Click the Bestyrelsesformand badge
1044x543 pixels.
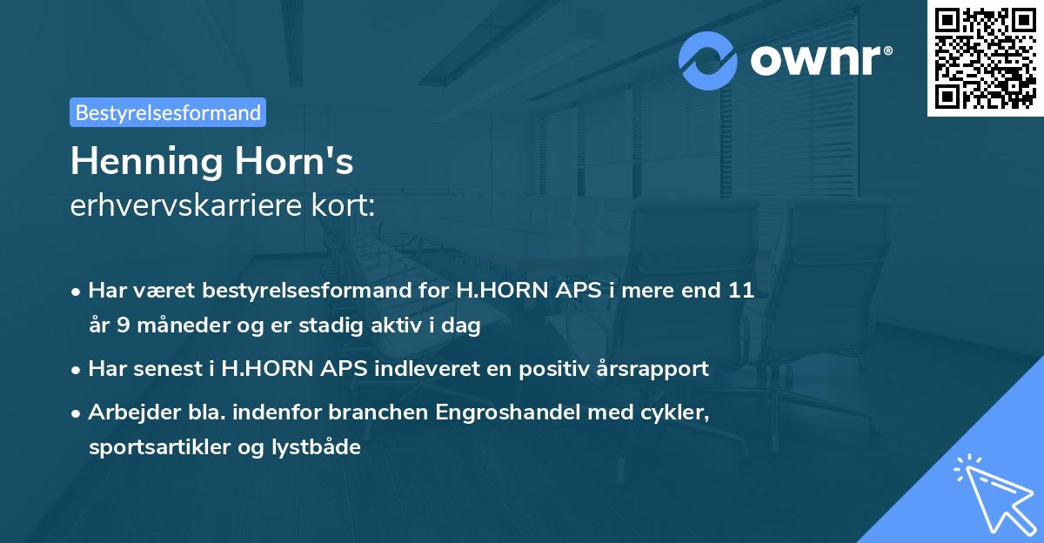pyautogui.click(x=168, y=112)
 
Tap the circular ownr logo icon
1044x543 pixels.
pyautogui.click(x=708, y=60)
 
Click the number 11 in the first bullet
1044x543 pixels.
pyautogui.click(x=741, y=292)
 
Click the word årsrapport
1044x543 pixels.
pyautogui.click(x=652, y=369)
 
